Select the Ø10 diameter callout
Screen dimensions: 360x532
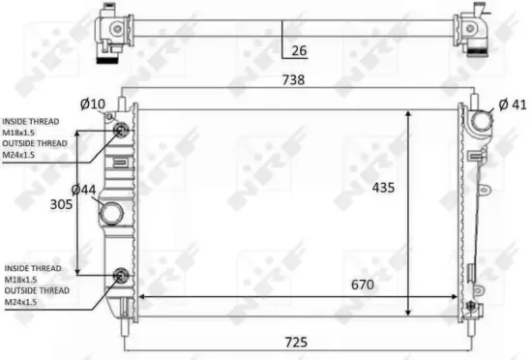[92, 104]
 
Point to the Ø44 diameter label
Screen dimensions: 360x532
[84, 191]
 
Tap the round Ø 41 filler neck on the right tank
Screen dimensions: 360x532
[482, 125]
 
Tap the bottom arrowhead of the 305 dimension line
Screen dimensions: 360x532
[75, 271]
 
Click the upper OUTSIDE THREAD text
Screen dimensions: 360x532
[36, 142]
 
